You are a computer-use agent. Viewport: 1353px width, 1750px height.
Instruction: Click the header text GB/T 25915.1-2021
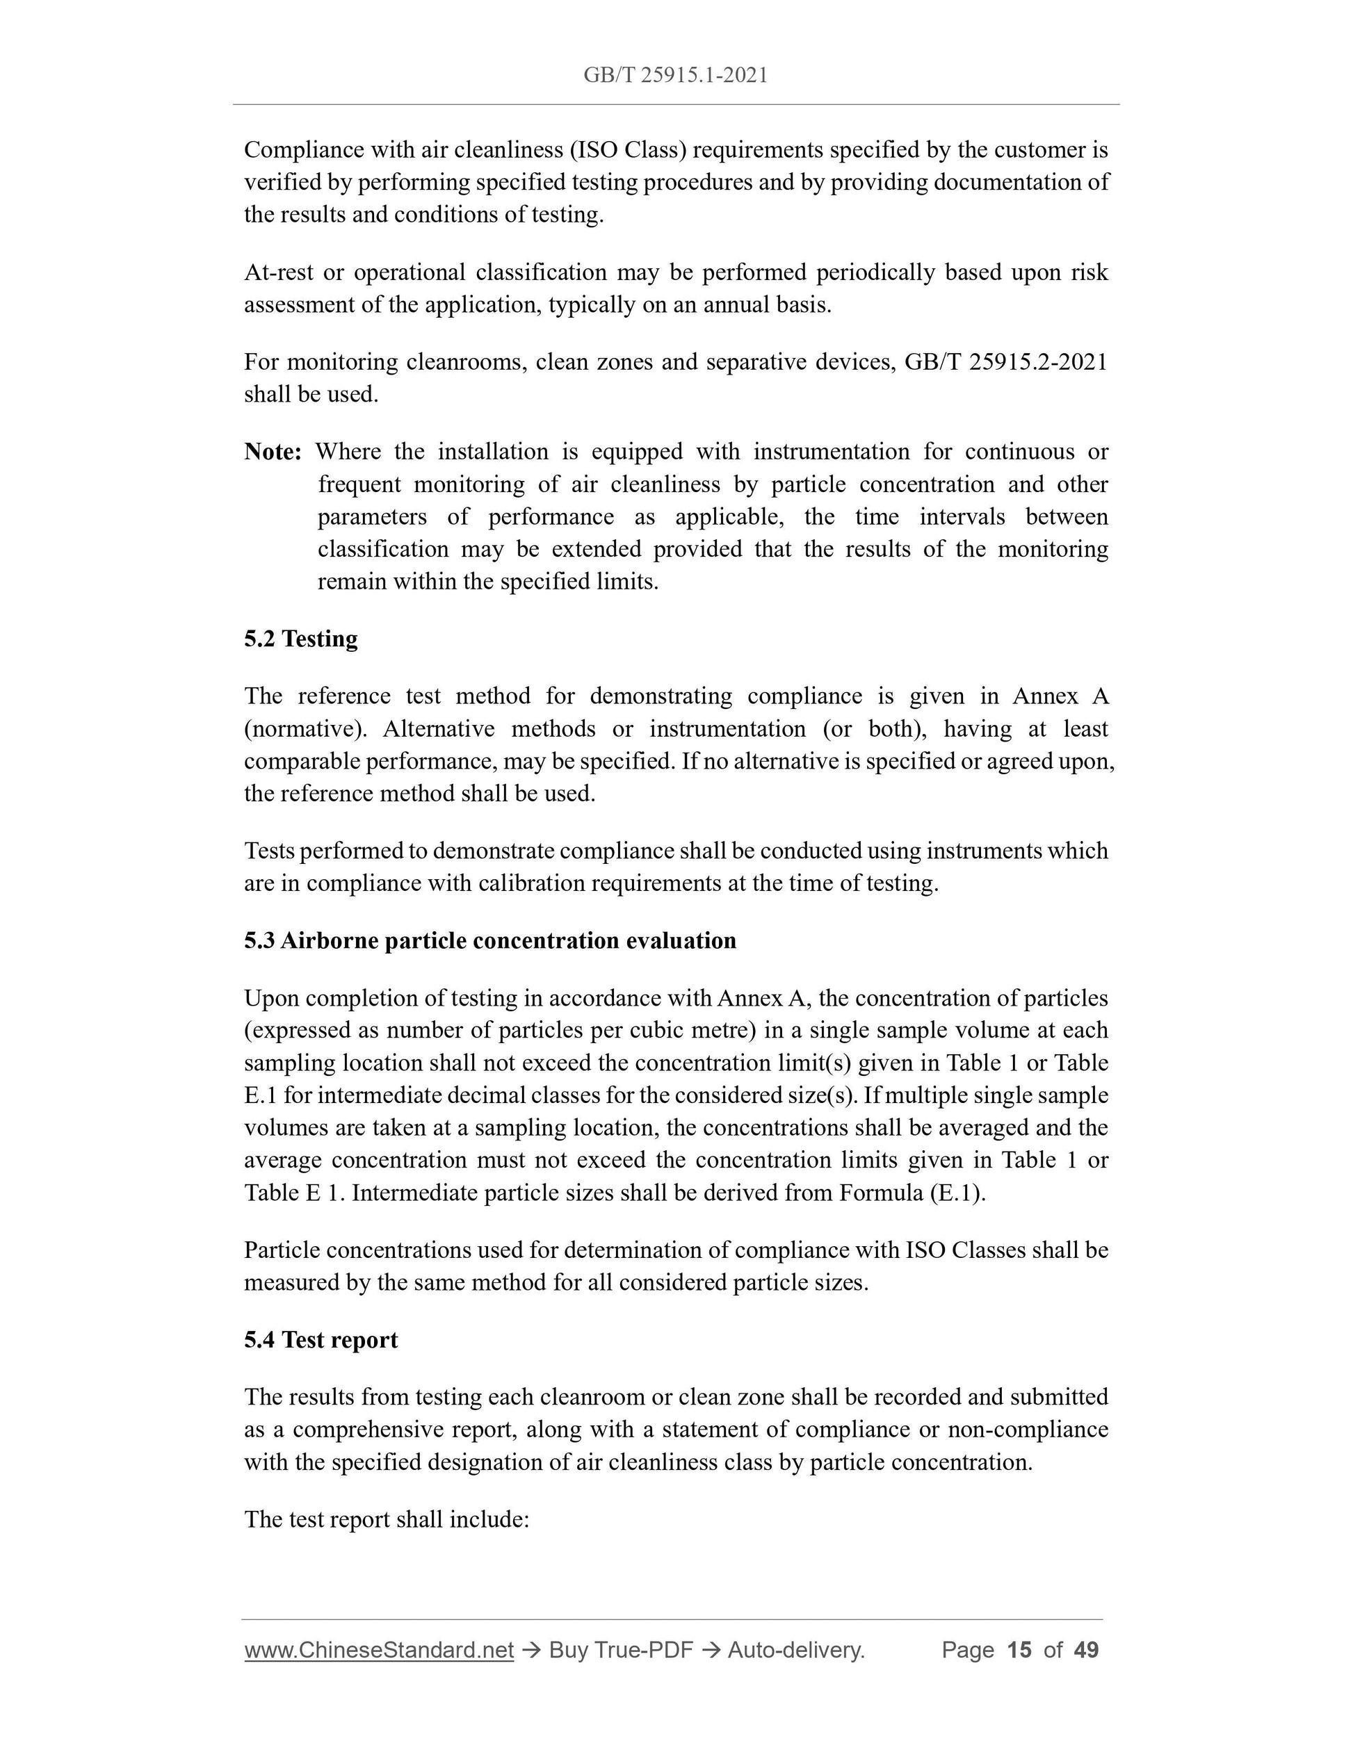[x=676, y=75]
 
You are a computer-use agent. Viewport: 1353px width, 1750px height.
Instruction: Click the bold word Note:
[x=273, y=452]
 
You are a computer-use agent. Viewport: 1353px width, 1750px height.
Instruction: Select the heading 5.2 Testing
[x=300, y=639]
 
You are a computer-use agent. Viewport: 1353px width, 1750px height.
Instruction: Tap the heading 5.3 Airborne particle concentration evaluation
[x=489, y=940]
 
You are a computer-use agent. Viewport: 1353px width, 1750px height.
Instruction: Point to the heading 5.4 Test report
[x=321, y=1340]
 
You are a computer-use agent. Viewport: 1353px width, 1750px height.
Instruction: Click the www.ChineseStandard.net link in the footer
[x=378, y=1650]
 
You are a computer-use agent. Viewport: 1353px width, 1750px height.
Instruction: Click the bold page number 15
[x=1019, y=1650]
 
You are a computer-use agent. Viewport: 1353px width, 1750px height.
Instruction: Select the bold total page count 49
[x=1086, y=1650]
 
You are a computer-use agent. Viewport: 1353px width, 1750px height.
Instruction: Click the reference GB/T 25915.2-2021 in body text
[x=1005, y=362]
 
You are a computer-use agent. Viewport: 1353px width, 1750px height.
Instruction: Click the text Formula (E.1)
[x=912, y=1193]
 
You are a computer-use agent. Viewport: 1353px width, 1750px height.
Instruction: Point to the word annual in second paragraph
[x=733, y=305]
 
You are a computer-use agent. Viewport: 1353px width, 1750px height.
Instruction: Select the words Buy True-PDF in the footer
[x=620, y=1650]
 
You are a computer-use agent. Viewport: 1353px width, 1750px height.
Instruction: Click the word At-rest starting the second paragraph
[x=278, y=272]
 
